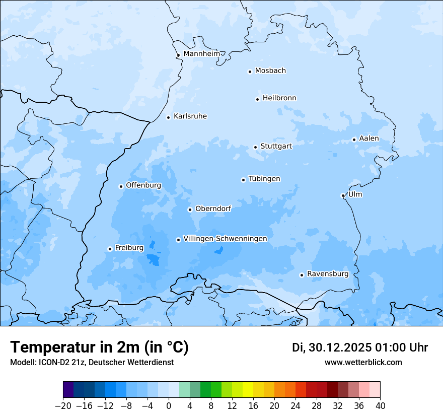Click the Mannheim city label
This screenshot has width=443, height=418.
click(202, 53)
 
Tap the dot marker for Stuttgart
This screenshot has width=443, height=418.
click(255, 147)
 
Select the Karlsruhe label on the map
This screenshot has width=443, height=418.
click(190, 116)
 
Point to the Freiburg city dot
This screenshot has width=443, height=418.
click(110, 249)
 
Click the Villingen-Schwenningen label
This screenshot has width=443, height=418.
click(225, 238)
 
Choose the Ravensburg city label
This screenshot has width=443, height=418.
click(328, 273)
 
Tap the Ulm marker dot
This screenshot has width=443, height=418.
click(343, 195)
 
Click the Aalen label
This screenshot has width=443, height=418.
click(369, 138)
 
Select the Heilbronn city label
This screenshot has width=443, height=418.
click(279, 98)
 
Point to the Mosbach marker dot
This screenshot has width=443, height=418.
click(250, 72)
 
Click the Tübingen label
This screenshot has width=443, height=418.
click(264, 179)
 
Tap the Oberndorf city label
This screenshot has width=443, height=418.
click(213, 208)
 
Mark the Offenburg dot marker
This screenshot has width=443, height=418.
click(121, 186)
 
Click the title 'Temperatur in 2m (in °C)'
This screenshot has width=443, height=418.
click(99, 347)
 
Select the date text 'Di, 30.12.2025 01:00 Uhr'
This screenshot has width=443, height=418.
click(360, 347)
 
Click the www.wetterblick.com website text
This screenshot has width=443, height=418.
click(363, 362)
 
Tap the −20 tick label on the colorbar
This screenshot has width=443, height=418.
click(63, 406)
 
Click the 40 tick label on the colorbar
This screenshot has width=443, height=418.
click(380, 406)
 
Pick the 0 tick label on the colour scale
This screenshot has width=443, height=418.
click(169, 406)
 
